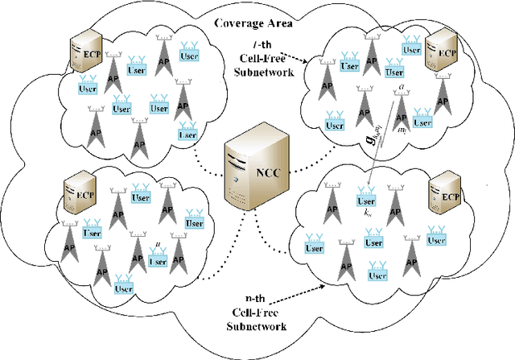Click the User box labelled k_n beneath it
pos(366,200)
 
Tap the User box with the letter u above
pos(159,261)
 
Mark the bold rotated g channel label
pos(377,138)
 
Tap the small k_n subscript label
pos(367,213)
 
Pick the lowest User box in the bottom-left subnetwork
pos(123,288)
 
